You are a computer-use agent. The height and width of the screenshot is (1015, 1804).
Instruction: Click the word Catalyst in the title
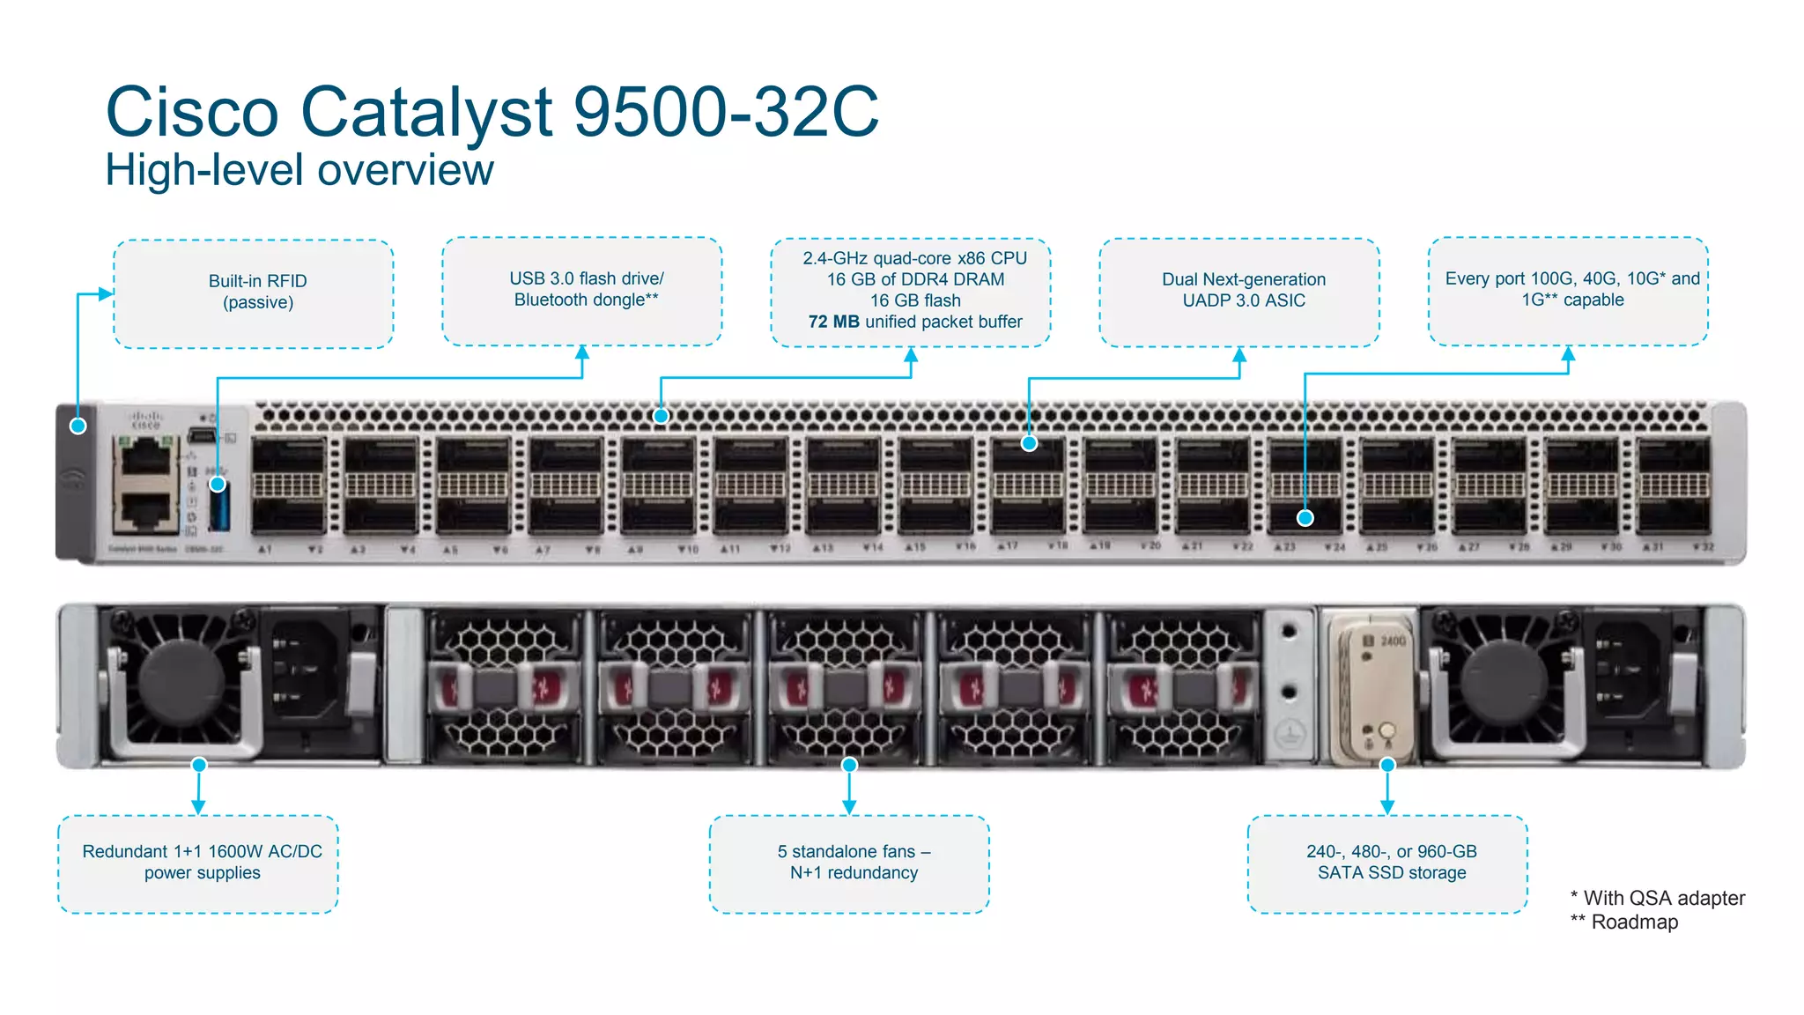426,113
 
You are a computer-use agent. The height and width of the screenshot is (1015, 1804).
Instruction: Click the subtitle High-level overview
299,170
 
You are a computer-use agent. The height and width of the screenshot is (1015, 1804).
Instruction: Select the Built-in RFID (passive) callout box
254,293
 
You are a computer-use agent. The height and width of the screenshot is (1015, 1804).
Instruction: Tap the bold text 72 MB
833,322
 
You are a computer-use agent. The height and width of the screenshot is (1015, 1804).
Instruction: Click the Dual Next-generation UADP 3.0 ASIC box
1240,291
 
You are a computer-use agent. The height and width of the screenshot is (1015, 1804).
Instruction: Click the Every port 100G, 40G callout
1568,289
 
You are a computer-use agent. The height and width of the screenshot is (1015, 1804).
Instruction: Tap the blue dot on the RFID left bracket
78,426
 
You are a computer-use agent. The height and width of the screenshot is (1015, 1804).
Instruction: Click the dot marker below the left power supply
199,765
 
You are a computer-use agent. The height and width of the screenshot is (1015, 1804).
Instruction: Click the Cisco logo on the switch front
145,419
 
